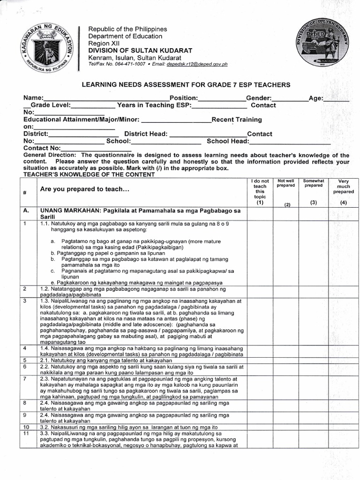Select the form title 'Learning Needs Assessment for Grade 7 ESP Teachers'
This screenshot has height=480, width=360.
[x=186, y=85]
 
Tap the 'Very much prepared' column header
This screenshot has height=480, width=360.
[x=343, y=186]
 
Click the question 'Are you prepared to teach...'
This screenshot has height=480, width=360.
[x=84, y=189]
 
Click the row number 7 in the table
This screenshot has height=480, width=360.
[x=24, y=378]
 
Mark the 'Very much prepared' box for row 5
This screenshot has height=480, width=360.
[x=343, y=360]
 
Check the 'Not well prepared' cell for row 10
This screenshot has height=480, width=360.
[x=286, y=427]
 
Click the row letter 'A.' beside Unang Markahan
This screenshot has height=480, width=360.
[x=26, y=211]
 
